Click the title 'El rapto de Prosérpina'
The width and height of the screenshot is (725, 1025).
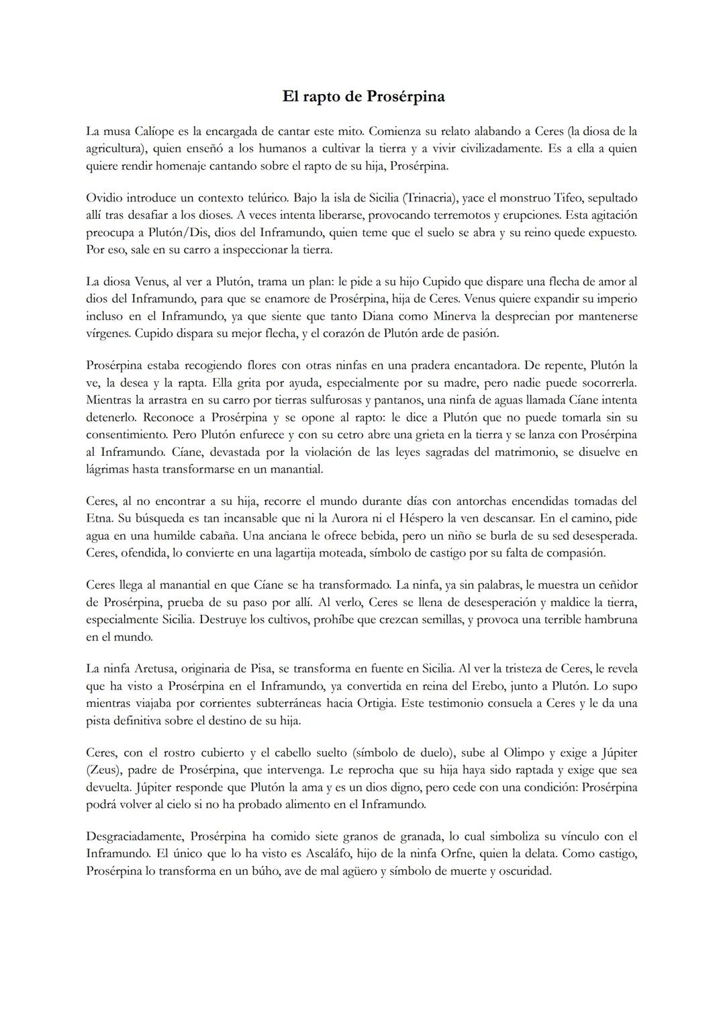(363, 97)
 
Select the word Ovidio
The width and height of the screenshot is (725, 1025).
(104, 198)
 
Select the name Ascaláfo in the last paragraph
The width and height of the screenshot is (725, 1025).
(334, 854)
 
